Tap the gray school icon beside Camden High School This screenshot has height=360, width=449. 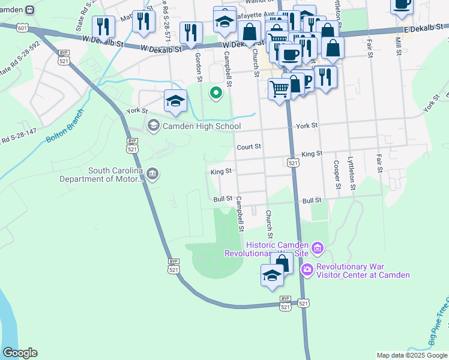click(x=153, y=125)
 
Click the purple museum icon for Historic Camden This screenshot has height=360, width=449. click(x=317, y=247)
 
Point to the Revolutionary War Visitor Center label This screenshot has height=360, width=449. click(x=363, y=271)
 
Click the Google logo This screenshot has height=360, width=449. click(x=20, y=353)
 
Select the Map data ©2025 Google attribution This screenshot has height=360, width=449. click(x=411, y=355)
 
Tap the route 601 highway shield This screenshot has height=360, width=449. click(x=23, y=28)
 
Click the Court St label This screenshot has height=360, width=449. click(x=249, y=146)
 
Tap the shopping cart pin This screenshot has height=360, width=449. click(x=279, y=89)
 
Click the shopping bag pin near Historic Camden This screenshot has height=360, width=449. click(x=283, y=262)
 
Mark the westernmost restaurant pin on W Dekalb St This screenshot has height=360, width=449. click(x=103, y=26)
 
